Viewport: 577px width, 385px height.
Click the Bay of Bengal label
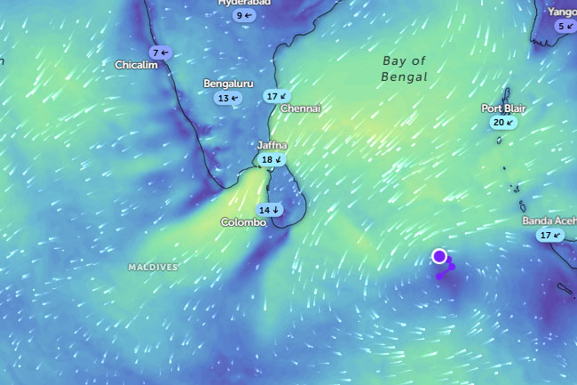pos(405,68)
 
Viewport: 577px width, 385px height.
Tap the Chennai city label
pos(300,108)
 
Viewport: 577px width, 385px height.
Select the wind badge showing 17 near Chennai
pos(277,96)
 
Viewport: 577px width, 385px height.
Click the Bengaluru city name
pos(229,84)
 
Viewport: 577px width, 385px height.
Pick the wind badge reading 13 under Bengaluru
pos(228,98)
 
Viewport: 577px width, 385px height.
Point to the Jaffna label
pos(273,145)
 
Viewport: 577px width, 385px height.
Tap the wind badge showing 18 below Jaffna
pos(272,160)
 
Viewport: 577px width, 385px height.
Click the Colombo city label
pos(243,222)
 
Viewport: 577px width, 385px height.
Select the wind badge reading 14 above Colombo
pos(269,210)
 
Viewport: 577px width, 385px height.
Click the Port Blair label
pos(503,108)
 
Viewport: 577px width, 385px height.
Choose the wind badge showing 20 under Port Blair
pos(503,123)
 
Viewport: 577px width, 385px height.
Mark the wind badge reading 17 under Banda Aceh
pos(550,235)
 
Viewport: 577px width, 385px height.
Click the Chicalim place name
pos(137,65)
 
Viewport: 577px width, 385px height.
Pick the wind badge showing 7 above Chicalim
pos(160,52)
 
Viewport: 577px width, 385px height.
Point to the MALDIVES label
pos(153,267)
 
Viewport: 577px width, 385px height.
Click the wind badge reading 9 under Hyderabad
pos(244,15)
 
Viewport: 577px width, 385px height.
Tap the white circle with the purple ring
pos(439,256)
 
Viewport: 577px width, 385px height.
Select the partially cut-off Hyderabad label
pos(244,3)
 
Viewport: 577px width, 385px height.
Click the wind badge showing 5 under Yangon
pos(565,26)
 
